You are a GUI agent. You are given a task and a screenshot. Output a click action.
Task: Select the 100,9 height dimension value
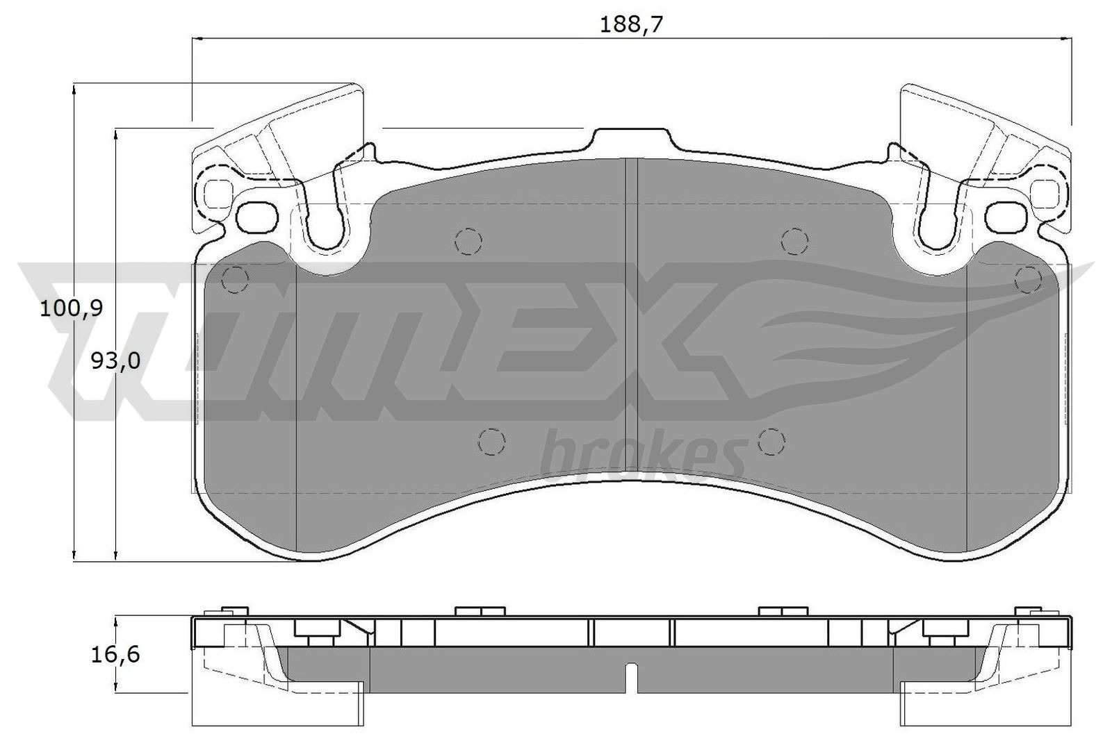pos(72,308)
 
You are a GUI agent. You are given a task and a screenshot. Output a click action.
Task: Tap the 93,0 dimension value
pos(115,360)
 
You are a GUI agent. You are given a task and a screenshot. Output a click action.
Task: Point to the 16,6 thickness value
pos(115,654)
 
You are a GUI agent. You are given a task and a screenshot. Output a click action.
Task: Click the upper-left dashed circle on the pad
pos(468,241)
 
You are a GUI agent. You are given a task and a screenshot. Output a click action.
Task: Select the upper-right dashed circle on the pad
pos(795,241)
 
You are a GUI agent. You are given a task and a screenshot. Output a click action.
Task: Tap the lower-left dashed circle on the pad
pos(491,441)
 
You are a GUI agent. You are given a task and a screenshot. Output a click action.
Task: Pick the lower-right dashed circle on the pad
pos(771,441)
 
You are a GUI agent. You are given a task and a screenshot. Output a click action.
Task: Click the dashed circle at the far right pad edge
pos(1027,280)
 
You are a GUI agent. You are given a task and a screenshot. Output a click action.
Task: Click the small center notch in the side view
pos(630,680)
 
